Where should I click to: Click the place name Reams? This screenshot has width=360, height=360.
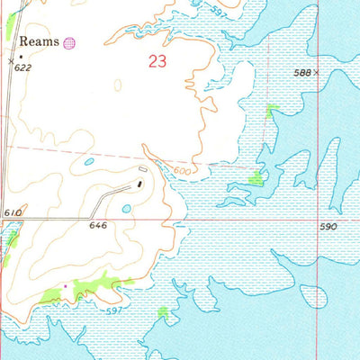(40, 41)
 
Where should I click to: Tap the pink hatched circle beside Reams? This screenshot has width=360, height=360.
(70, 41)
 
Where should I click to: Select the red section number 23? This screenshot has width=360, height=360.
(157, 62)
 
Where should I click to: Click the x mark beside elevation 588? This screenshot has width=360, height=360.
(317, 72)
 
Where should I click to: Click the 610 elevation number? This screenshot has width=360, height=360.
(12, 212)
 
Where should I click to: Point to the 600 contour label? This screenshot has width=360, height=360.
(182, 171)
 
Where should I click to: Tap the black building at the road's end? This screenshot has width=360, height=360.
(139, 184)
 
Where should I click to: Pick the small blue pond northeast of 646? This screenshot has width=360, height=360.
(126, 208)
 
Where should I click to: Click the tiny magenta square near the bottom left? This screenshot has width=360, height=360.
(65, 287)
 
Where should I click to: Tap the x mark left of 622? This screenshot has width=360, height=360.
(11, 60)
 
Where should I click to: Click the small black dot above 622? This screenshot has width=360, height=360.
(22, 56)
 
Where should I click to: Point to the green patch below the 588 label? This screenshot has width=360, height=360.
(271, 110)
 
